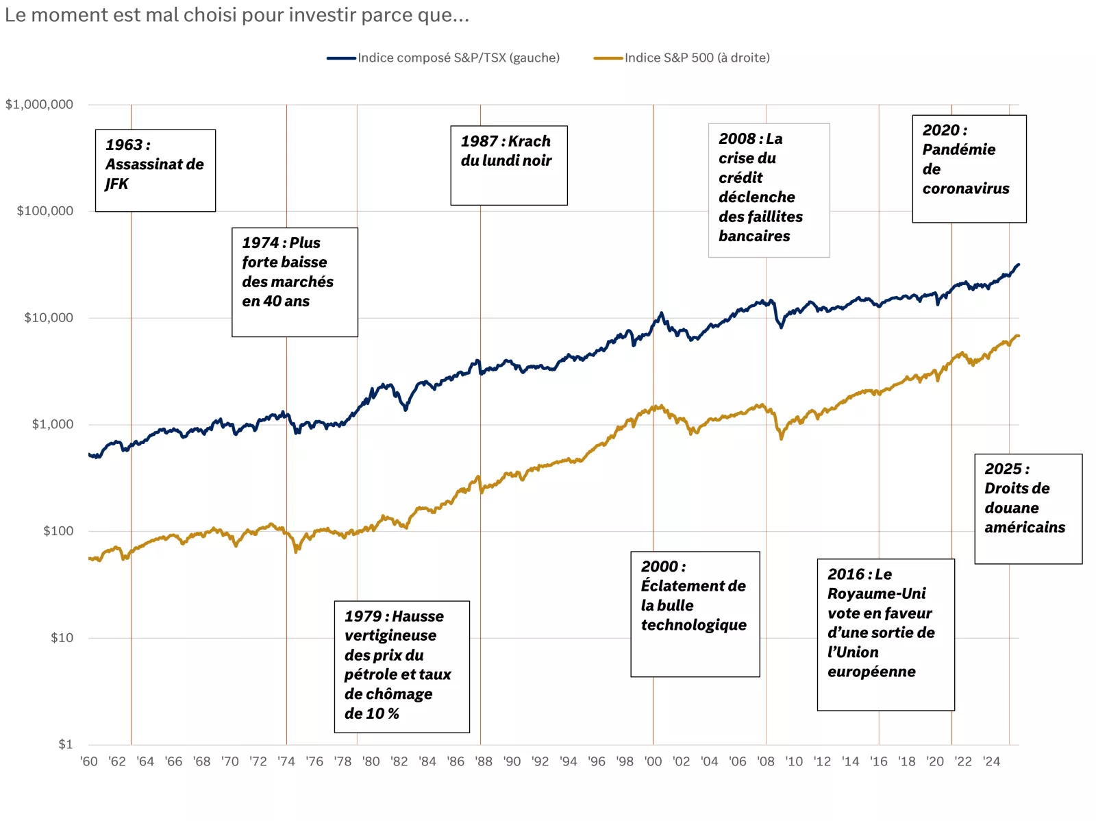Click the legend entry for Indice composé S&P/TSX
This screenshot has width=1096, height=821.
[458, 58]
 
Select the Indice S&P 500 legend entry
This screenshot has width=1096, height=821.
[697, 58]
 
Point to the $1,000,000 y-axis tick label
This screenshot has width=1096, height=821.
[39, 105]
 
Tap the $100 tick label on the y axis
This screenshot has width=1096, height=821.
[58, 531]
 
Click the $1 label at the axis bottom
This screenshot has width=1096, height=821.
[65, 744]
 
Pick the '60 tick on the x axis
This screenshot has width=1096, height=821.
[89, 761]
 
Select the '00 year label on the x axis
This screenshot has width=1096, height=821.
[653, 761]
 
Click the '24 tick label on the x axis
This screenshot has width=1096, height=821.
[991, 761]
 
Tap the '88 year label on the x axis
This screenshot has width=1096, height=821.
[484, 761]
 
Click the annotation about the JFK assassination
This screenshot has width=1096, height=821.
[155, 171]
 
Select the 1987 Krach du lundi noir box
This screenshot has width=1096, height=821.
[508, 165]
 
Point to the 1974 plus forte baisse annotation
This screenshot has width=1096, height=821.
[295, 282]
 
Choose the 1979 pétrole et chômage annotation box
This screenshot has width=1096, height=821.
[401, 666]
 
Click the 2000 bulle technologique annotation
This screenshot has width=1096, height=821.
[695, 613]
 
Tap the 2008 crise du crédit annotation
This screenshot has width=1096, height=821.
[769, 190]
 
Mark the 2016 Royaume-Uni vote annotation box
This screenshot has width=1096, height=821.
[885, 634]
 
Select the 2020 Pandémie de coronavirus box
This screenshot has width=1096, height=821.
[969, 169]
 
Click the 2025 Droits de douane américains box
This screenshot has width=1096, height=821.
[1027, 508]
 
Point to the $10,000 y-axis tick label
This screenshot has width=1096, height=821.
[49, 318]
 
